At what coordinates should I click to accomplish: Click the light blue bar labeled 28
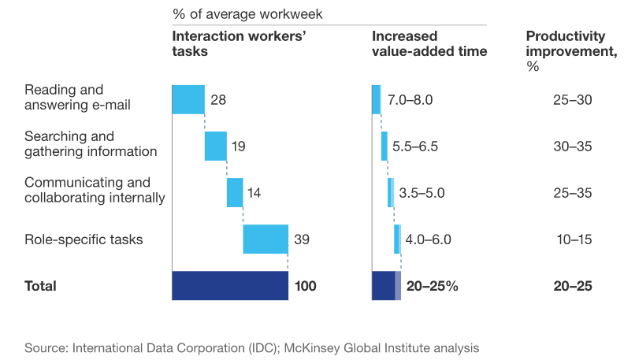click(188, 99)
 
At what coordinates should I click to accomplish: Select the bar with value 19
click(215, 146)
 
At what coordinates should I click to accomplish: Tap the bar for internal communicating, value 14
click(235, 192)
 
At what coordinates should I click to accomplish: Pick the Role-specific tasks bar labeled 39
click(266, 239)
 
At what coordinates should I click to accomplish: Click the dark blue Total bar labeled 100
click(230, 285)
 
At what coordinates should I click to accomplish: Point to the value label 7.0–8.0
click(410, 100)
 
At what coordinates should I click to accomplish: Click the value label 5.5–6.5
click(414, 147)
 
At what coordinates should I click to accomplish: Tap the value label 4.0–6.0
click(428, 239)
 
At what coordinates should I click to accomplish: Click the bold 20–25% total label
click(433, 286)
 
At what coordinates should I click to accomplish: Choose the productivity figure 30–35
click(572, 147)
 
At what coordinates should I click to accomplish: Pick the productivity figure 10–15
click(572, 239)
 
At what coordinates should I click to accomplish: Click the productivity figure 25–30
click(572, 100)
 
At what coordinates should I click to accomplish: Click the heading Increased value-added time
click(429, 44)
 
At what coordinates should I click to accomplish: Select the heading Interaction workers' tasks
click(229, 44)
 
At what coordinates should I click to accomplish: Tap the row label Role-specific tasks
click(84, 239)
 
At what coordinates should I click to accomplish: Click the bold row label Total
click(40, 286)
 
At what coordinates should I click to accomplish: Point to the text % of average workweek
click(247, 14)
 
